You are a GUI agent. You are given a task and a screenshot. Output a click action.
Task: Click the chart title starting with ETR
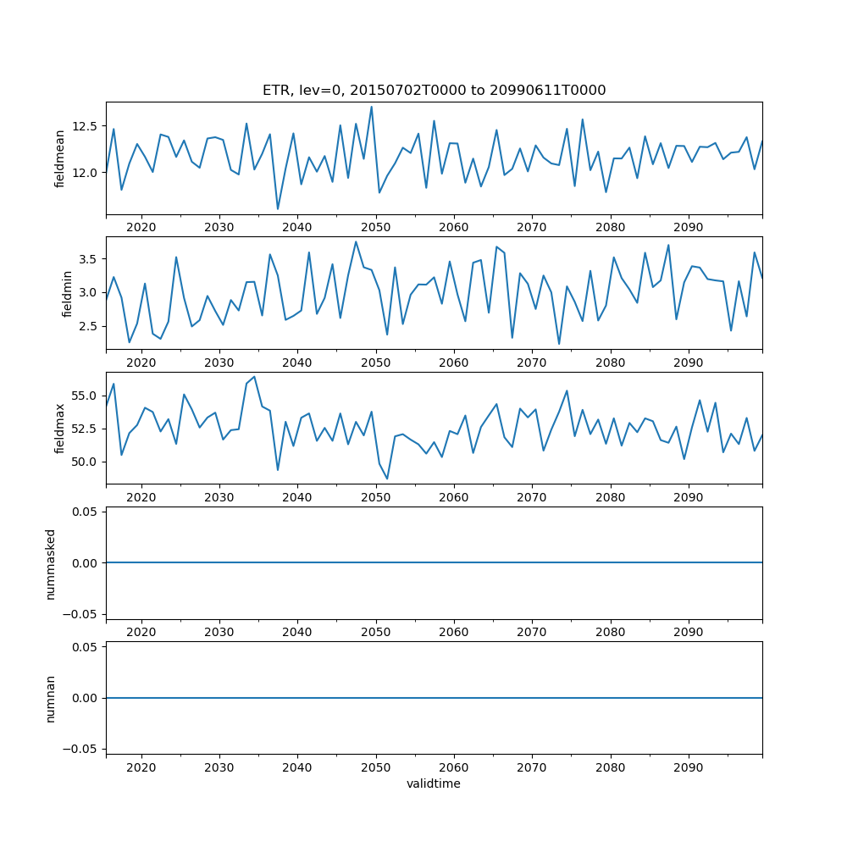tap(434, 91)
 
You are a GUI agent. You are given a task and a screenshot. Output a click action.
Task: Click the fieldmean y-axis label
tap(59, 158)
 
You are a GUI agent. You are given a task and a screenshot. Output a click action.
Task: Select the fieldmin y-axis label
tap(68, 294)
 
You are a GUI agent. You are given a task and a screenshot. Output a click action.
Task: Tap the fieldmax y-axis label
tap(59, 429)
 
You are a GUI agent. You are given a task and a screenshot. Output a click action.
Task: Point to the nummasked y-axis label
tap(50, 563)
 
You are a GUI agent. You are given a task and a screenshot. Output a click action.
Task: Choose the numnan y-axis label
tap(50, 699)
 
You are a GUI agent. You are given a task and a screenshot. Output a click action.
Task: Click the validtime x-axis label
tap(434, 784)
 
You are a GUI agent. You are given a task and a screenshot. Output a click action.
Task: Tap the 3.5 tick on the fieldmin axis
tap(88, 258)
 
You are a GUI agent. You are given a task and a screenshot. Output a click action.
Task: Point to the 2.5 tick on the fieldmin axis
tap(88, 326)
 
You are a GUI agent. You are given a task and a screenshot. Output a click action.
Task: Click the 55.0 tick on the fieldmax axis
tap(85, 396)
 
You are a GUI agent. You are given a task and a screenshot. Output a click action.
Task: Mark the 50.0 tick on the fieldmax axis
tap(85, 462)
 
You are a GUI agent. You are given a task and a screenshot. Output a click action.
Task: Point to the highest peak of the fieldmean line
tap(371, 107)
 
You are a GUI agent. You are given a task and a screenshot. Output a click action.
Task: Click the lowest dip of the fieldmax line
tap(387, 479)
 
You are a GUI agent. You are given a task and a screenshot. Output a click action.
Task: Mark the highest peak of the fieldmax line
tap(254, 377)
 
